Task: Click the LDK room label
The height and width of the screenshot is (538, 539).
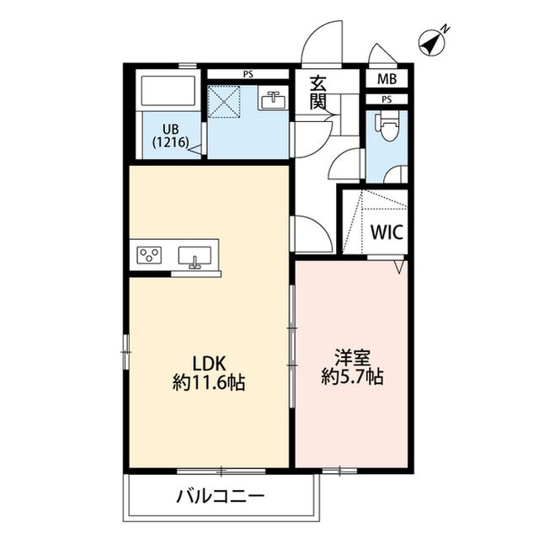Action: tap(208, 364)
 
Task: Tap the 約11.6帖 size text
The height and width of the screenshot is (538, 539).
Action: tap(209, 383)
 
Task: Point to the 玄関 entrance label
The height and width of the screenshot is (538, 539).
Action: tap(318, 92)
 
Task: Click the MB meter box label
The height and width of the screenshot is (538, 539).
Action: tap(387, 80)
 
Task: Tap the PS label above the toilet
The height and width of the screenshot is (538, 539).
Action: tap(387, 99)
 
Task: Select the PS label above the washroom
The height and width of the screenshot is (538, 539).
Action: tap(248, 75)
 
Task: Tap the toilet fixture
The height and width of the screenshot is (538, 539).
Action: tap(387, 129)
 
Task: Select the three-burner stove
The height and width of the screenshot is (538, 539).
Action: tap(151, 254)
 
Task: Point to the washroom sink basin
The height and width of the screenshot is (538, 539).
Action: tap(271, 100)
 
